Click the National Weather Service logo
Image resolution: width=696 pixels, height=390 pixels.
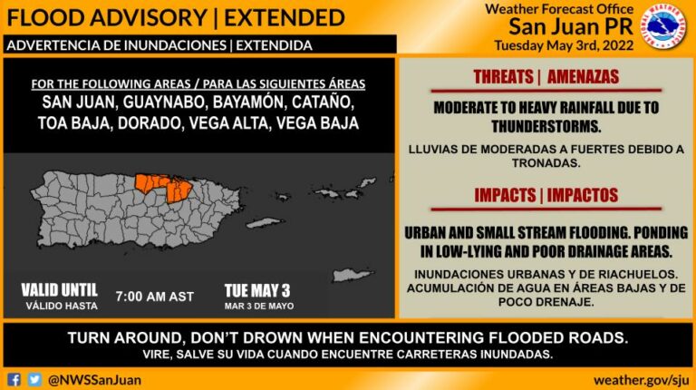click(663, 26)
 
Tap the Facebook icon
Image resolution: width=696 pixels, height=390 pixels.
click(14, 380)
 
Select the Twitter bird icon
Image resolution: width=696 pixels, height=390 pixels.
click(34, 380)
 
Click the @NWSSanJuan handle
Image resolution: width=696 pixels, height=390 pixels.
click(94, 380)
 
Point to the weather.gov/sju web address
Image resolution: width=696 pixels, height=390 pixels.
click(641, 380)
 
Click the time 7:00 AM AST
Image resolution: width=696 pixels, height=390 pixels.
click(154, 297)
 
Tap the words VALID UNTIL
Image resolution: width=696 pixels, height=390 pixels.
click(59, 290)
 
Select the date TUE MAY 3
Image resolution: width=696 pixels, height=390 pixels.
click(257, 291)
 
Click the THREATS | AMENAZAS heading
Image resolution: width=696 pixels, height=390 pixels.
click(546, 77)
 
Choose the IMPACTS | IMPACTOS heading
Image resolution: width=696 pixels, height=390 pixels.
click(546, 195)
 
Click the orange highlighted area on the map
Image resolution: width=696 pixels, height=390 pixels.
click(165, 187)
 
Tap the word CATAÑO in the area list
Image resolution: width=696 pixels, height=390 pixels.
click(324, 102)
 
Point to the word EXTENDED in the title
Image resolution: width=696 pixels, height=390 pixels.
click(284, 18)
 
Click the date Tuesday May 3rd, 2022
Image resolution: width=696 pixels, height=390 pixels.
click(564, 45)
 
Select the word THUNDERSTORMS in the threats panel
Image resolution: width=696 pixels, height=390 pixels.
click(546, 127)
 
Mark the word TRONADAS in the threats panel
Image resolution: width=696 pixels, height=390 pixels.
click(546, 163)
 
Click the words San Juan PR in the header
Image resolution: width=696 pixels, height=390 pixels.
click(571, 26)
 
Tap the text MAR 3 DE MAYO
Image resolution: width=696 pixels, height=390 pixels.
click(259, 306)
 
